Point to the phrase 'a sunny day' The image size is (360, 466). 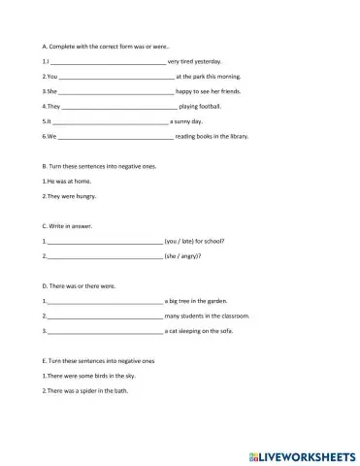tap(186, 121)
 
